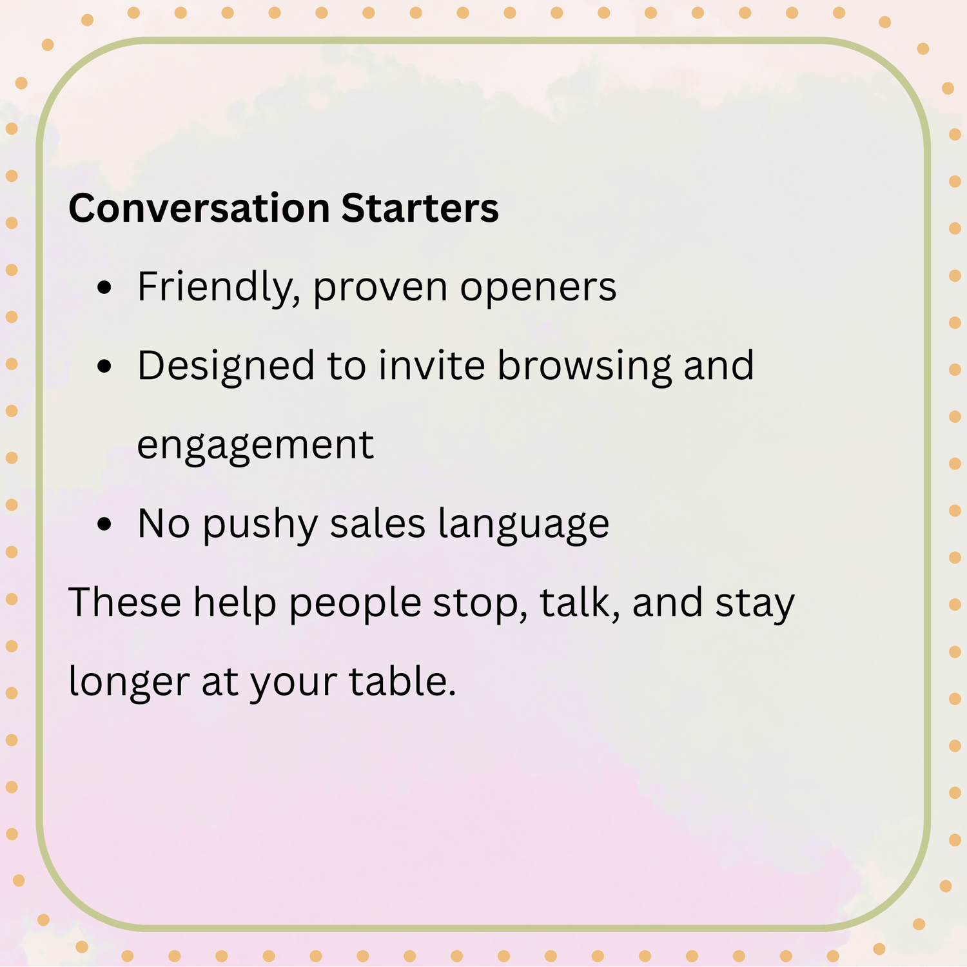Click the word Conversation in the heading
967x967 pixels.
tap(199, 208)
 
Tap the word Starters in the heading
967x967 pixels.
tap(420, 208)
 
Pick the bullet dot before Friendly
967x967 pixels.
tap(104, 288)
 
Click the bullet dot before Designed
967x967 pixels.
tap(104, 366)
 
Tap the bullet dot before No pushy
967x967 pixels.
tap(104, 523)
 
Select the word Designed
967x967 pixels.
tap(226, 367)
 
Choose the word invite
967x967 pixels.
tap(431, 366)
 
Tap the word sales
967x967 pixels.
tap(378, 523)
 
